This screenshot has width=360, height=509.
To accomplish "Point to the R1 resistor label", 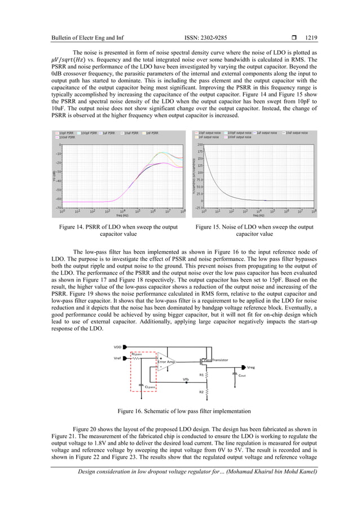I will coord(201,374).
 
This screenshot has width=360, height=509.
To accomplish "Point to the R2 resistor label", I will coord(201,391).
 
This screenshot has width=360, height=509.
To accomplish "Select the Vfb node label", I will coord(186,379).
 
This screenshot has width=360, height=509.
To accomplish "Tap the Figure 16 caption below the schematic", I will coord(180,411).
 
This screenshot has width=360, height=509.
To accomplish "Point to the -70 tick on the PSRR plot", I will coord(59,208).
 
